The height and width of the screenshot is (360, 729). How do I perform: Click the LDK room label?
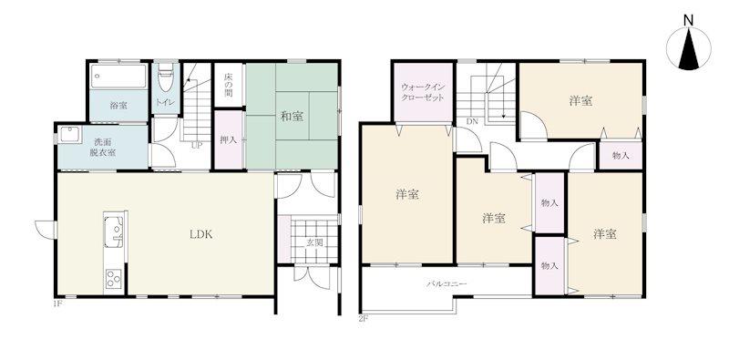[x=200, y=234]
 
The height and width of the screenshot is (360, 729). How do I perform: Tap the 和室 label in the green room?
[x=292, y=117]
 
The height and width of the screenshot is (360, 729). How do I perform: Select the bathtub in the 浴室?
[x=119, y=76]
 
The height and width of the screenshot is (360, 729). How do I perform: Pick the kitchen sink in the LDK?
[x=113, y=231]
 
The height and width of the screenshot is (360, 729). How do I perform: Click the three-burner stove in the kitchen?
[x=114, y=280]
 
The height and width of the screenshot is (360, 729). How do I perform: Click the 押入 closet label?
[x=228, y=139]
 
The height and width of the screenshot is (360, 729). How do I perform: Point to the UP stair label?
[x=197, y=145]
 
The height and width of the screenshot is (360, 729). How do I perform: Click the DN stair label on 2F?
[x=472, y=122]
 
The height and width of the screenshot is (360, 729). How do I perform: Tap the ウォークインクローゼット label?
[x=423, y=92]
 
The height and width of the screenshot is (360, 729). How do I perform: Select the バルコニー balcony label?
[x=447, y=283]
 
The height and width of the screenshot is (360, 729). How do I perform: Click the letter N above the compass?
[x=689, y=20]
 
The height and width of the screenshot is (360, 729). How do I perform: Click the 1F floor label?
[x=57, y=304]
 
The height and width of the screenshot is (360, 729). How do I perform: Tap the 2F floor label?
[x=363, y=319]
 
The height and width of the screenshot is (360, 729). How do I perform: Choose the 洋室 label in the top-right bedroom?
[x=580, y=101]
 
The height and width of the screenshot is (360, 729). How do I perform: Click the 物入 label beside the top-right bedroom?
[x=621, y=156]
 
